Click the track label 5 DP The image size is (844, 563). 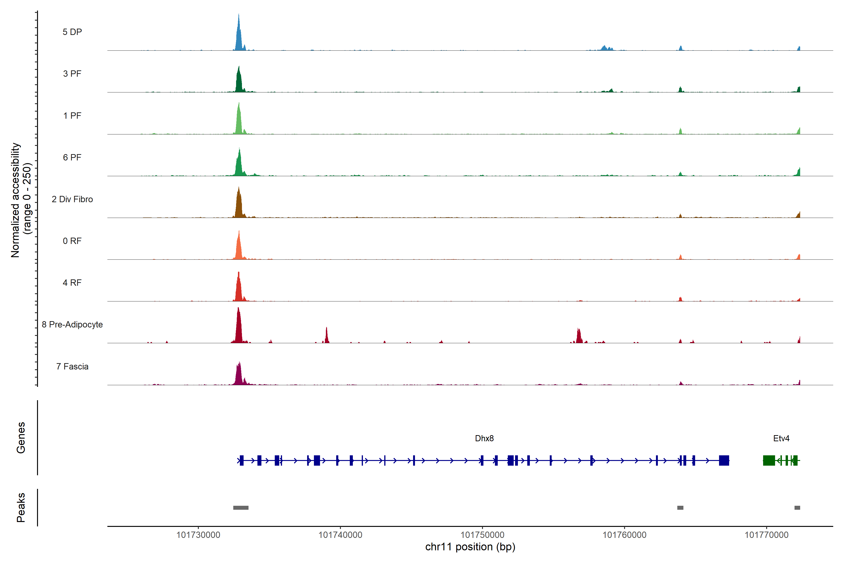(x=72, y=32)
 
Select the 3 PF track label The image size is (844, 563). (x=72, y=74)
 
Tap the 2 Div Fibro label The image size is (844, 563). (x=72, y=199)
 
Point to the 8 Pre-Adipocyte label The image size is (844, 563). (x=72, y=325)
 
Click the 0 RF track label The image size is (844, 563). (x=72, y=241)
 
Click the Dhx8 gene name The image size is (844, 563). (x=484, y=438)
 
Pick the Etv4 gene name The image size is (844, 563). (x=781, y=438)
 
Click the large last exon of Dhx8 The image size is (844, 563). (x=724, y=460)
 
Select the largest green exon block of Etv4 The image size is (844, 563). (x=769, y=460)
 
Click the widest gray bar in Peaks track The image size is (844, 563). (x=241, y=508)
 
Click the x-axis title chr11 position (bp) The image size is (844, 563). (x=470, y=547)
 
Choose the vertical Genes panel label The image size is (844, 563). (x=21, y=438)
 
